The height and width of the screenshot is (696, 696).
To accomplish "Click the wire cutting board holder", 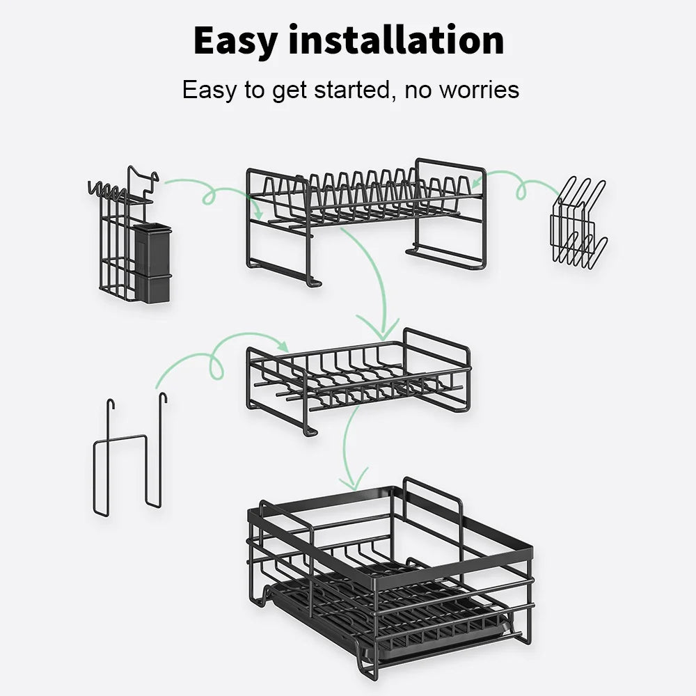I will tap(577, 223).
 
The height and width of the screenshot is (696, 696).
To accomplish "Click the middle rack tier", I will tap(358, 379).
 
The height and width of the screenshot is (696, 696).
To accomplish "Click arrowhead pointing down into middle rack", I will tap(378, 327).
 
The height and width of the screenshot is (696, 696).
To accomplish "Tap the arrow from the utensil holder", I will tap(209, 191).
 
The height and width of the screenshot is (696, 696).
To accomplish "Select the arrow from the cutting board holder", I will tap(515, 182).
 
